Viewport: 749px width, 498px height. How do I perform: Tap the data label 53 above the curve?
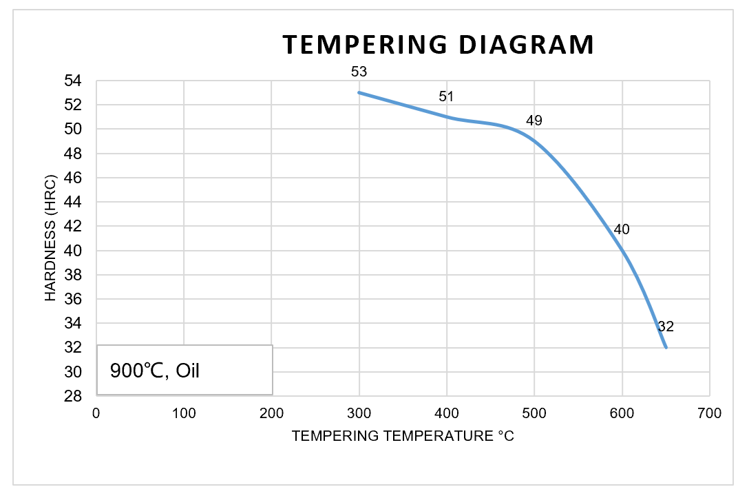(x=359, y=71)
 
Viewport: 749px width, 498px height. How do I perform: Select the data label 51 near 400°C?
(x=447, y=96)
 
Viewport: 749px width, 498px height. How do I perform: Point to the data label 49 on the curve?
(x=534, y=121)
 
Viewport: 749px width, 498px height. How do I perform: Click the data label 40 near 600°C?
(x=622, y=229)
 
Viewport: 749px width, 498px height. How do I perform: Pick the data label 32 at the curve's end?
(x=666, y=326)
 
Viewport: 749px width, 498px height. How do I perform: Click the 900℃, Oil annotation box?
(x=184, y=370)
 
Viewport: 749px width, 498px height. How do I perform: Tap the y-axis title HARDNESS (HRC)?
(x=50, y=238)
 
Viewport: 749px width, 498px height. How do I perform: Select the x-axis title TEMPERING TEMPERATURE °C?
(x=403, y=436)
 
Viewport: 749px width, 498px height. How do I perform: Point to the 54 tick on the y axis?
(x=73, y=81)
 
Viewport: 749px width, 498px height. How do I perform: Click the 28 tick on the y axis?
(x=73, y=396)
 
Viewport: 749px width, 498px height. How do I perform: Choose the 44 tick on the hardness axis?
(x=73, y=203)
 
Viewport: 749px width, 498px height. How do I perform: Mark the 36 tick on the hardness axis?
(x=73, y=299)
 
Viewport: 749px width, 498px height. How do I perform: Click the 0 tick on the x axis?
(x=96, y=413)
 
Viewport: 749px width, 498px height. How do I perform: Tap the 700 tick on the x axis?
(x=709, y=413)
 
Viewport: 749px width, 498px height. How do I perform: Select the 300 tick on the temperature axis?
(x=359, y=413)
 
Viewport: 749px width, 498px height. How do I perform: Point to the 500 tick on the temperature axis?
(x=534, y=413)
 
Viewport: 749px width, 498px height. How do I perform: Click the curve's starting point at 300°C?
(x=359, y=92)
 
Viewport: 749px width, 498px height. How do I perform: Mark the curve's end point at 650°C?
(x=666, y=347)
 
